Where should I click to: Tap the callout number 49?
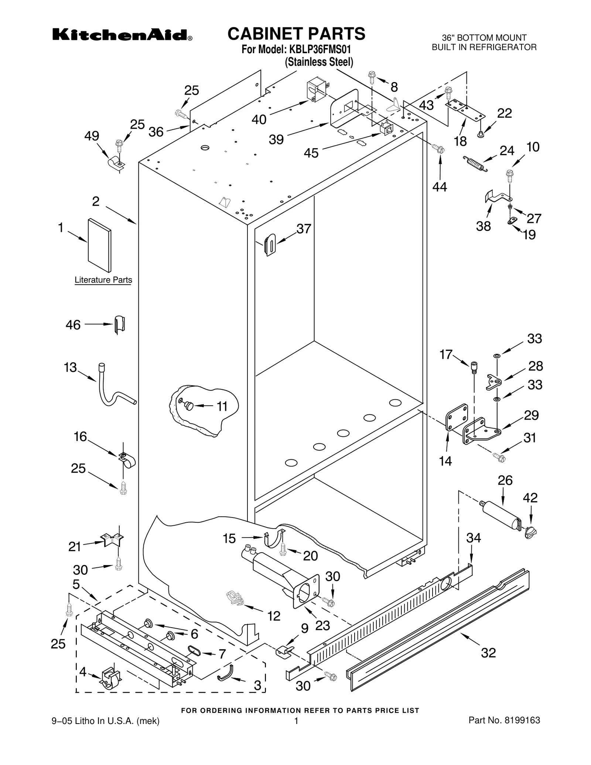(x=92, y=136)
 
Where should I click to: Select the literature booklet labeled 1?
(x=99, y=245)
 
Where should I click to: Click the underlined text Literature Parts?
(x=103, y=280)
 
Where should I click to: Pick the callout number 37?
(x=304, y=229)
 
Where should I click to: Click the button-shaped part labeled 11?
(x=189, y=406)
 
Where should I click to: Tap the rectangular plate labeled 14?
(x=456, y=417)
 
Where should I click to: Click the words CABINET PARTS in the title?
(x=296, y=34)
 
